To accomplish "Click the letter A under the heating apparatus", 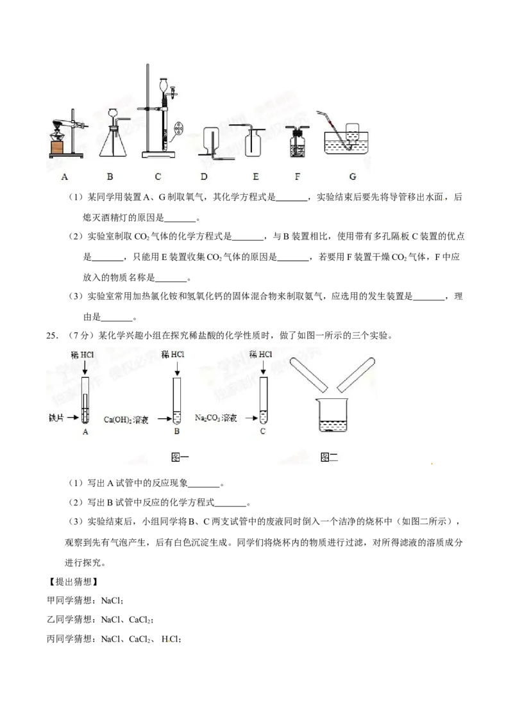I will coord(64,177).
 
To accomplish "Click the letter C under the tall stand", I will coord(158,177).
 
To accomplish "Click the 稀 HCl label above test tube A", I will coord(85,354).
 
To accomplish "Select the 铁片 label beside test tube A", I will coord(58,417).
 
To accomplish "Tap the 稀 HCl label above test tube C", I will coord(262,354).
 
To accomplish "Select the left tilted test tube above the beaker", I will coord(309,375).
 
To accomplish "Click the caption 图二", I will coord(328,457).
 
